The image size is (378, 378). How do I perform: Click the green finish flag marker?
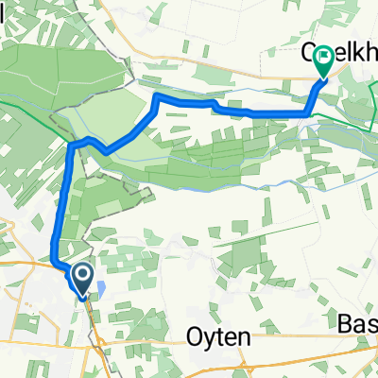[324, 61]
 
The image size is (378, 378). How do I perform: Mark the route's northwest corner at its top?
[156, 97]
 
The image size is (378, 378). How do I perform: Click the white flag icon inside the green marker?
[324, 59]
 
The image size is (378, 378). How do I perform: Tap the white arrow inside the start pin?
[82, 277]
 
